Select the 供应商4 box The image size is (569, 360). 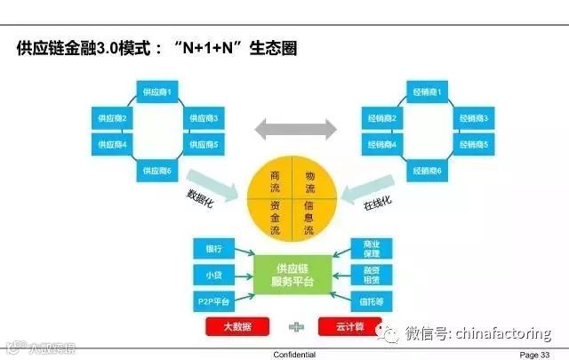click(113, 144)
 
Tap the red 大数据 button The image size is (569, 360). click(237, 327)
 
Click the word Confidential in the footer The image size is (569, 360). click(293, 354)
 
